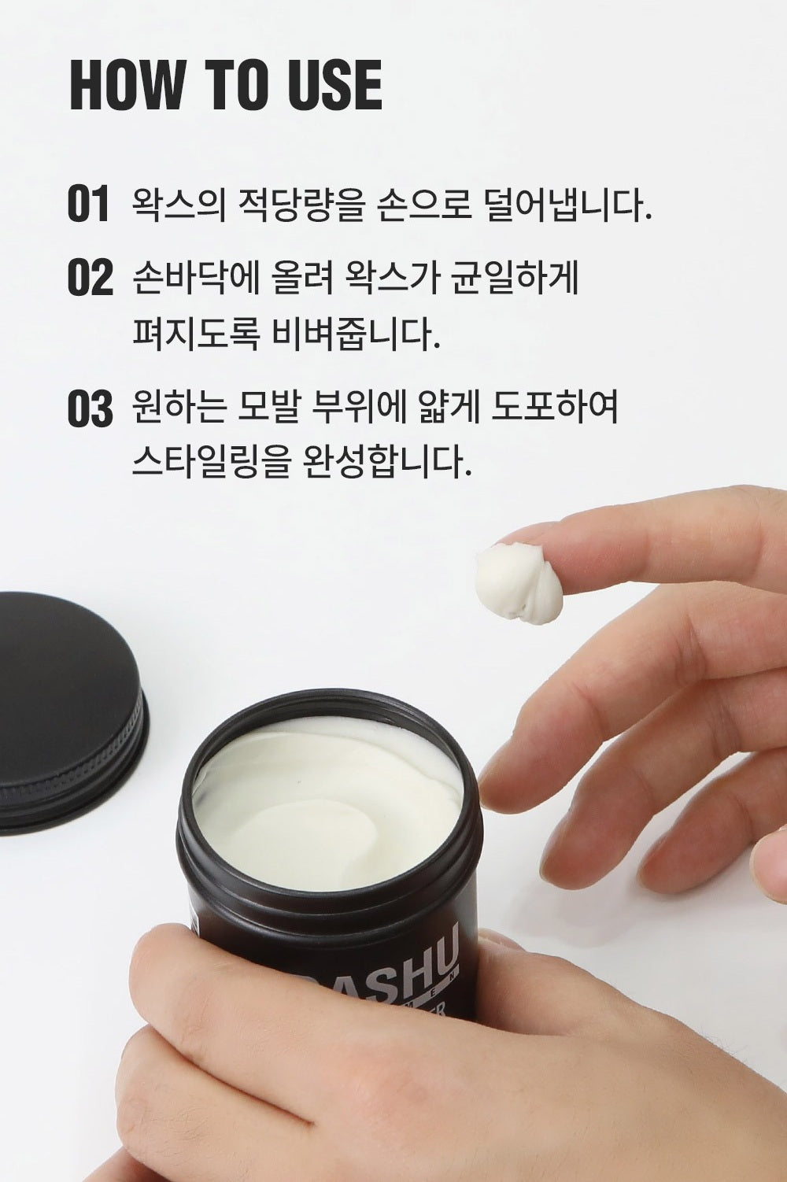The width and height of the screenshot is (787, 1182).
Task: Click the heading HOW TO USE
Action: point(226,84)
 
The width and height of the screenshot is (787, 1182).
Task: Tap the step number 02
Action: point(90,279)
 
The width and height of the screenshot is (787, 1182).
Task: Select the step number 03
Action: point(90,409)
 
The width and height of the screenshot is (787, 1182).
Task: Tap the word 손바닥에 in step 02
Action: point(190,279)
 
